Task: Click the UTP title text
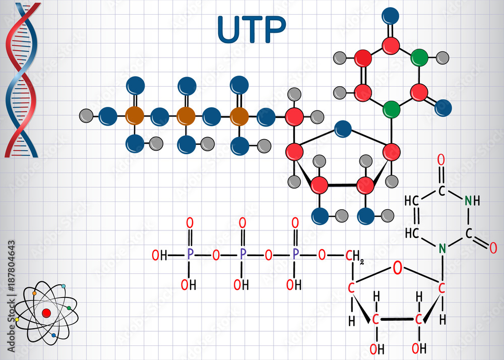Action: (x=251, y=30)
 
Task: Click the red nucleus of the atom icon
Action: (x=46, y=313)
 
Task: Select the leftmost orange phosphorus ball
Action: (x=135, y=116)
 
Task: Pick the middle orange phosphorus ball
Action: (x=186, y=116)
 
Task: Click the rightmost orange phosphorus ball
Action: (x=239, y=116)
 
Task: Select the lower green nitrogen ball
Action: (x=391, y=108)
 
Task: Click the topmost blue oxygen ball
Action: (x=391, y=16)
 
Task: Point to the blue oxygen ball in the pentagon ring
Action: (x=343, y=129)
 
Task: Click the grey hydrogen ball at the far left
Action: (x=86, y=116)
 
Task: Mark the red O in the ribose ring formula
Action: (x=398, y=268)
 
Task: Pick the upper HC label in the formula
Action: (x=412, y=201)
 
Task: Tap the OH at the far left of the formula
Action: (x=160, y=256)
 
